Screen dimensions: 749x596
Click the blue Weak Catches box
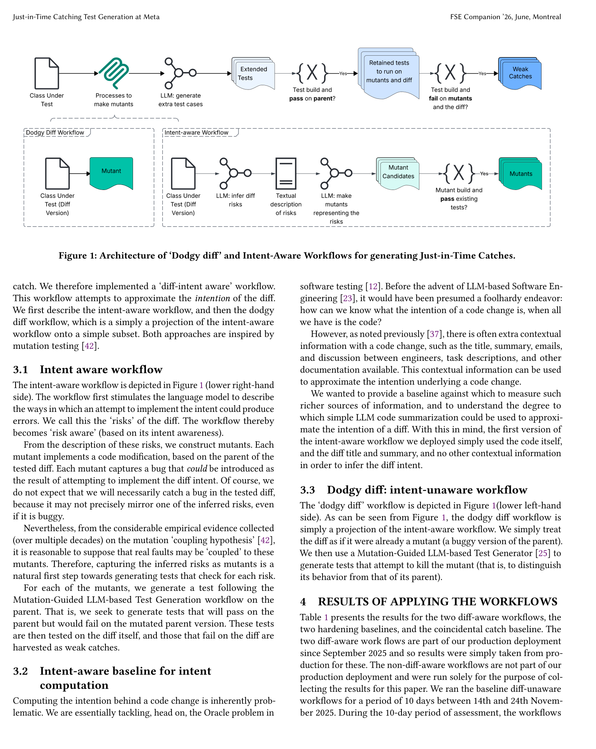520,73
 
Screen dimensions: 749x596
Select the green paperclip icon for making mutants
114,73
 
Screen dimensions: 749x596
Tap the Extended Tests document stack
254,74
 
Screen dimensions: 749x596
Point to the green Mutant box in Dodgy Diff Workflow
111,172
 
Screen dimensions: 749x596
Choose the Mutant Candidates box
398,172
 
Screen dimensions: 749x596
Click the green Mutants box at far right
521,174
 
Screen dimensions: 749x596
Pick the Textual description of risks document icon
286,173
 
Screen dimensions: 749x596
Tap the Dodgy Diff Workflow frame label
55,132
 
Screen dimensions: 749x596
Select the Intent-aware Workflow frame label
196,132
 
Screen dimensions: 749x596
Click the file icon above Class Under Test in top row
47,73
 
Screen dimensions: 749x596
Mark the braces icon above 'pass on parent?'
312,73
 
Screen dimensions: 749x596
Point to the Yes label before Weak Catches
482,73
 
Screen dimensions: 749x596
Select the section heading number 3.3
307,490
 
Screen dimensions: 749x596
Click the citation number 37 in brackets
434,334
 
